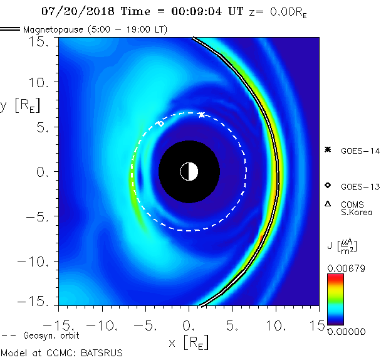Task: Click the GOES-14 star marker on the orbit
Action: pyautogui.click(x=201, y=115)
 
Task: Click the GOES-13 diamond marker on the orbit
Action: pyautogui.click(x=160, y=124)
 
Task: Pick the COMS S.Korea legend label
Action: pyautogui.click(x=357, y=208)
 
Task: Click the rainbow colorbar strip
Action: pyautogui.click(x=336, y=299)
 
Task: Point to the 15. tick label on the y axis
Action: pyautogui.click(x=43, y=41)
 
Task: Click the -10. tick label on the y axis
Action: pyautogui.click(x=36, y=262)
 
